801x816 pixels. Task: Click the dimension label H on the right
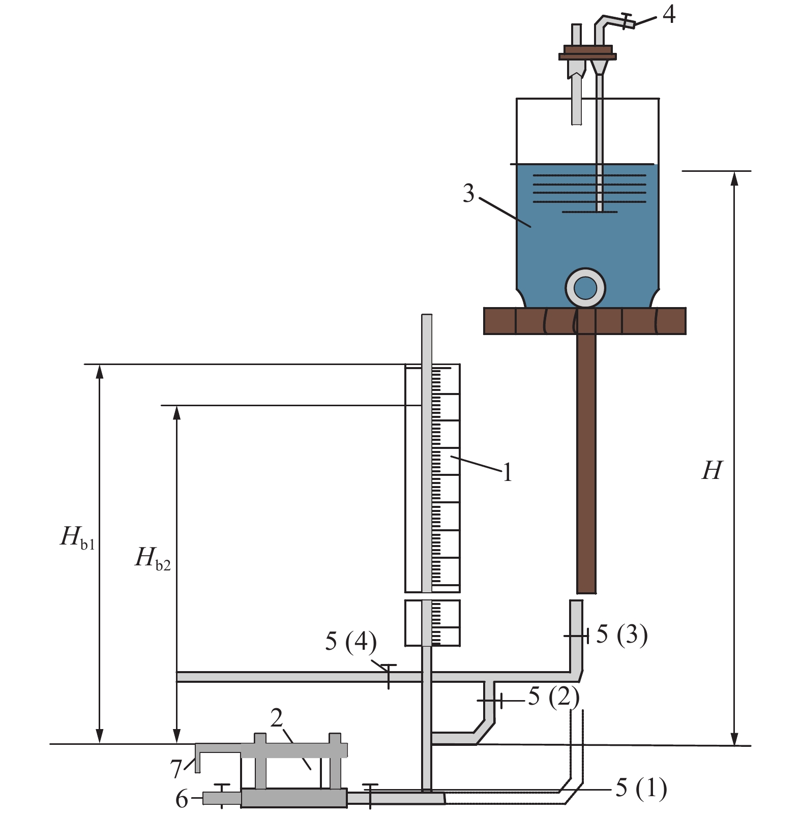point(712,470)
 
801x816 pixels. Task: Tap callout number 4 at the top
point(669,14)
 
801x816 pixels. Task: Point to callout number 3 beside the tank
point(468,194)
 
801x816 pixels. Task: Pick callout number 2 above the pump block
point(277,718)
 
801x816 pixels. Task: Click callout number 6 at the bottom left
point(182,800)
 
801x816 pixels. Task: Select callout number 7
point(176,769)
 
